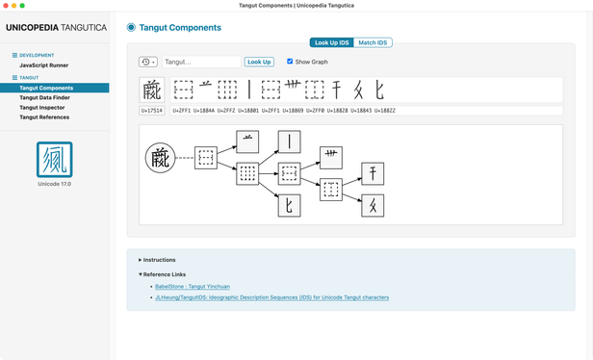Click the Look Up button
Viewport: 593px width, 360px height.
259,62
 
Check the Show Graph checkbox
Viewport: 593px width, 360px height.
291,62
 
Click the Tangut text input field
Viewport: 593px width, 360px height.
201,62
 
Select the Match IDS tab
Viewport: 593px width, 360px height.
374,42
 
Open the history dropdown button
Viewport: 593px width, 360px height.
148,62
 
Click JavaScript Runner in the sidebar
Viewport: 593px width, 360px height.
44,64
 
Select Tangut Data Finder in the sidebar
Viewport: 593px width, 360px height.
45,97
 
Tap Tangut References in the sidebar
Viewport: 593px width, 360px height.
44,116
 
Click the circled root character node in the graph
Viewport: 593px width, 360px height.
160,157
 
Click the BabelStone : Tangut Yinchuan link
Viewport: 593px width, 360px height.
193,286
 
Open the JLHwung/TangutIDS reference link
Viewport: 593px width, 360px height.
271,297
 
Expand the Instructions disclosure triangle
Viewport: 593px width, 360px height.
141,260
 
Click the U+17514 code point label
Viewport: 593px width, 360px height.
152,111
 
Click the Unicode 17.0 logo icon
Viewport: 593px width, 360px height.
55,158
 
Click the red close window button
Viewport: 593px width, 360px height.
7,6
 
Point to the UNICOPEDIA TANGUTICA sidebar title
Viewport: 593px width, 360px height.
55,28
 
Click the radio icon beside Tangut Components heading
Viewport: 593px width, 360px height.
131,27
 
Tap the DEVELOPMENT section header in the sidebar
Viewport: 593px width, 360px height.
36,56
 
